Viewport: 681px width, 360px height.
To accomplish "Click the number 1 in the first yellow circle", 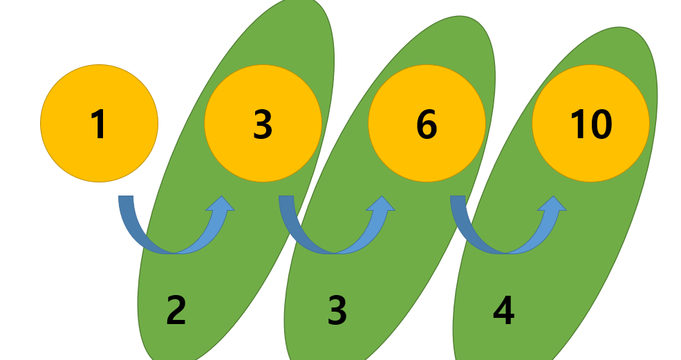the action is click(x=99, y=124).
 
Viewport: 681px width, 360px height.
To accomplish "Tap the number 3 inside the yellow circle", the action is click(x=263, y=124).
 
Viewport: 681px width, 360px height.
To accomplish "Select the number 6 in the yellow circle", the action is click(x=427, y=124).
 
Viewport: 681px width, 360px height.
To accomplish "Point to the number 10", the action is click(x=590, y=124).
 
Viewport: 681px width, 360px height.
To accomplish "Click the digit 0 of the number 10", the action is click(x=599, y=124).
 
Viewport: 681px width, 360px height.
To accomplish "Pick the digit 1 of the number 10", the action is click(x=577, y=124).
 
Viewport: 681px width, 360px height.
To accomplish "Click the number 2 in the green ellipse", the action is click(x=176, y=310).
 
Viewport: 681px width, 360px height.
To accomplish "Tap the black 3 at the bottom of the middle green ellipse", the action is click(x=337, y=310).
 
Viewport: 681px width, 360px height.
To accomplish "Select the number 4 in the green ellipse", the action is click(x=503, y=310).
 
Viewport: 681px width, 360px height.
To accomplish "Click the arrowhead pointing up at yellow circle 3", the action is click(x=222, y=204).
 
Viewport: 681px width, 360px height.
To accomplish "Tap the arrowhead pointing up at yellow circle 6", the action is click(x=382, y=204).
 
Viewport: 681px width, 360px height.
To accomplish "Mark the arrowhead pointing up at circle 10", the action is click(x=553, y=204).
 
